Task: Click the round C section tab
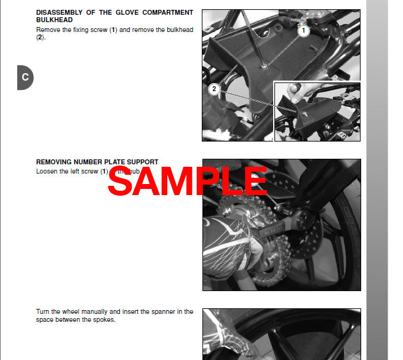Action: click(x=25, y=78)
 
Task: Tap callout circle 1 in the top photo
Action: click(x=303, y=30)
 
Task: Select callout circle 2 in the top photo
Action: click(x=214, y=89)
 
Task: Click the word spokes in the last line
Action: click(x=103, y=319)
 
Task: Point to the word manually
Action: click(x=97, y=312)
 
